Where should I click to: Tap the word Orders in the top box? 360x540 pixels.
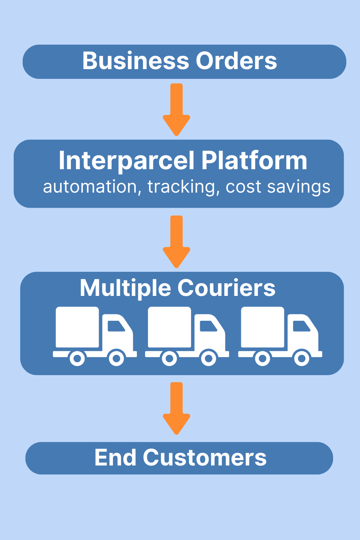pyautogui.click(x=236, y=61)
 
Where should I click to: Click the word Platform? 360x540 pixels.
pyautogui.click(x=254, y=161)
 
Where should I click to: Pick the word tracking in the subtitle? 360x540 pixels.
pyautogui.click(x=181, y=187)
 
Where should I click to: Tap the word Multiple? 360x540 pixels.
pyautogui.click(x=125, y=288)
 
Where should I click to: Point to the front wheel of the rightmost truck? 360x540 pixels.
pyautogui.click(x=302, y=358)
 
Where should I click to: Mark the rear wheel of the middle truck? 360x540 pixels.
pyautogui.click(x=169, y=358)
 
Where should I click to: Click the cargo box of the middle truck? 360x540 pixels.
pyautogui.click(x=169, y=327)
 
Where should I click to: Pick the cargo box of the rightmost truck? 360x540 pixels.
pyautogui.click(x=262, y=327)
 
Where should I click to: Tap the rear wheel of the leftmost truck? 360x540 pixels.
pyautogui.click(x=77, y=358)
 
